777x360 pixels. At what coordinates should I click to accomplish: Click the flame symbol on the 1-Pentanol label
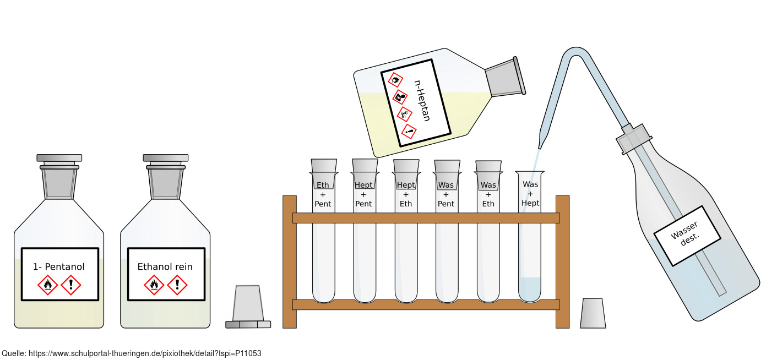point(47,285)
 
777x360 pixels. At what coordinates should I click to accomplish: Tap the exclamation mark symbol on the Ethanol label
point(177,285)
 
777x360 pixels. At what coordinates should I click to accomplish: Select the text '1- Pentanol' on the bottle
point(58,267)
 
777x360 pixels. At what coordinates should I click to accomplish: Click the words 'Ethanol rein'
point(165,267)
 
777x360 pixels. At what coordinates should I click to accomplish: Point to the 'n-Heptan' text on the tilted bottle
point(422,101)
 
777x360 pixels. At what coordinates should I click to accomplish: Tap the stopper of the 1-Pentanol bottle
point(59,177)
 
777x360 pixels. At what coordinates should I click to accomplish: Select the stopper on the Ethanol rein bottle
point(166,177)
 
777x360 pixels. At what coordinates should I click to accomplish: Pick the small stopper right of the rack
point(593,313)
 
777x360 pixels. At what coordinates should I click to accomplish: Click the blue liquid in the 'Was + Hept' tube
point(530,289)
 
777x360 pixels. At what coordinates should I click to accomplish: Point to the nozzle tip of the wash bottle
point(540,147)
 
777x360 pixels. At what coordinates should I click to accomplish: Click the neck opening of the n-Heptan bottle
point(519,75)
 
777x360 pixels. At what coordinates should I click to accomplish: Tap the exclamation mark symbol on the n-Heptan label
point(409,132)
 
